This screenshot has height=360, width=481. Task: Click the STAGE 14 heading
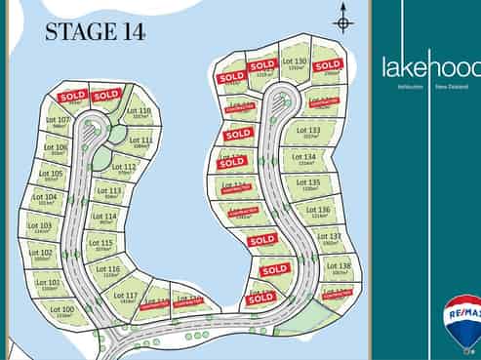96,32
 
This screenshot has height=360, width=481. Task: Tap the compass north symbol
342,20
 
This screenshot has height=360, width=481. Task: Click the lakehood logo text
430,67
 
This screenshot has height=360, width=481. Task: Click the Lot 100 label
61,309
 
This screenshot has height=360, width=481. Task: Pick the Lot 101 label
48,283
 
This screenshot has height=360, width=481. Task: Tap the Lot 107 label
59,120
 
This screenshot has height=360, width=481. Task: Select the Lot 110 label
140,111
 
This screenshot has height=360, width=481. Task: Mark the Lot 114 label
104,217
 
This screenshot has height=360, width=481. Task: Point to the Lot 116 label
108,269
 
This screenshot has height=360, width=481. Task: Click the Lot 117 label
126,295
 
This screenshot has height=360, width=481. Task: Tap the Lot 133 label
307,130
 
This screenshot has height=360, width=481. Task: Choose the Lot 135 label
308,182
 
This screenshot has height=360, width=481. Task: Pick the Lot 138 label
339,266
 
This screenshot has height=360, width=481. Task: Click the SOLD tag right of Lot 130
328,64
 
